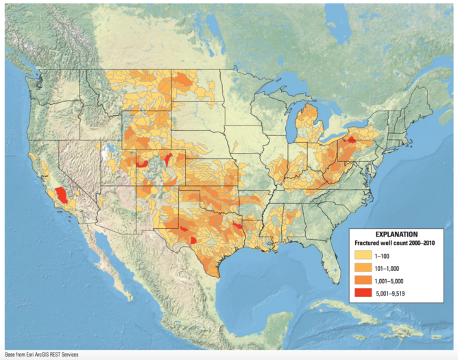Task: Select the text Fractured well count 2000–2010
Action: [x=396, y=242]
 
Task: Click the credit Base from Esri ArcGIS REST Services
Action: [x=42, y=355]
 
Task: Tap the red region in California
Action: [x=62, y=195]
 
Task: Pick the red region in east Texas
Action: [x=237, y=225]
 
